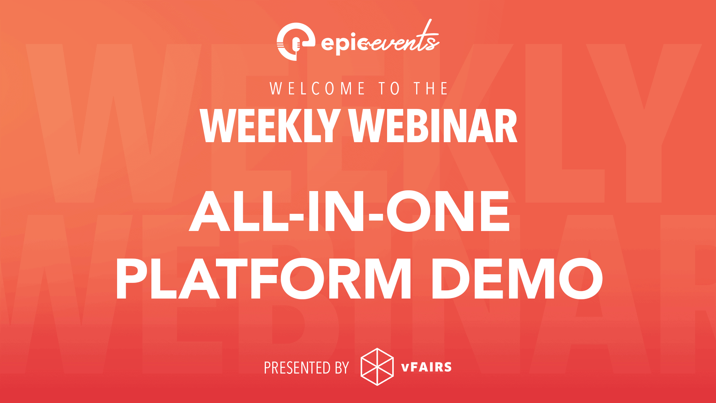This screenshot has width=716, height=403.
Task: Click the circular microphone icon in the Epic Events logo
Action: pyautogui.click(x=295, y=41)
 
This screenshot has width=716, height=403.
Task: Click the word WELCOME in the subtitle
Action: pyautogui.click(x=317, y=88)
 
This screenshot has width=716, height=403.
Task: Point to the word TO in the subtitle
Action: pyautogui.click(x=389, y=88)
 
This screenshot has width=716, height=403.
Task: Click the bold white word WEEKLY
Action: pyautogui.click(x=269, y=126)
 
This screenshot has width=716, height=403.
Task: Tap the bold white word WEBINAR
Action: pyautogui.click(x=433, y=126)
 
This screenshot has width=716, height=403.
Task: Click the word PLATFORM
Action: pyautogui.click(x=264, y=279)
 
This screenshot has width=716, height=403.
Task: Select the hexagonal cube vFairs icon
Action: pyautogui.click(x=377, y=367)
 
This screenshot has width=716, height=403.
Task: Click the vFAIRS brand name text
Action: pyautogui.click(x=426, y=367)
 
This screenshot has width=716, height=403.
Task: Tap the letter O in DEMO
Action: pyautogui.click(x=581, y=279)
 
